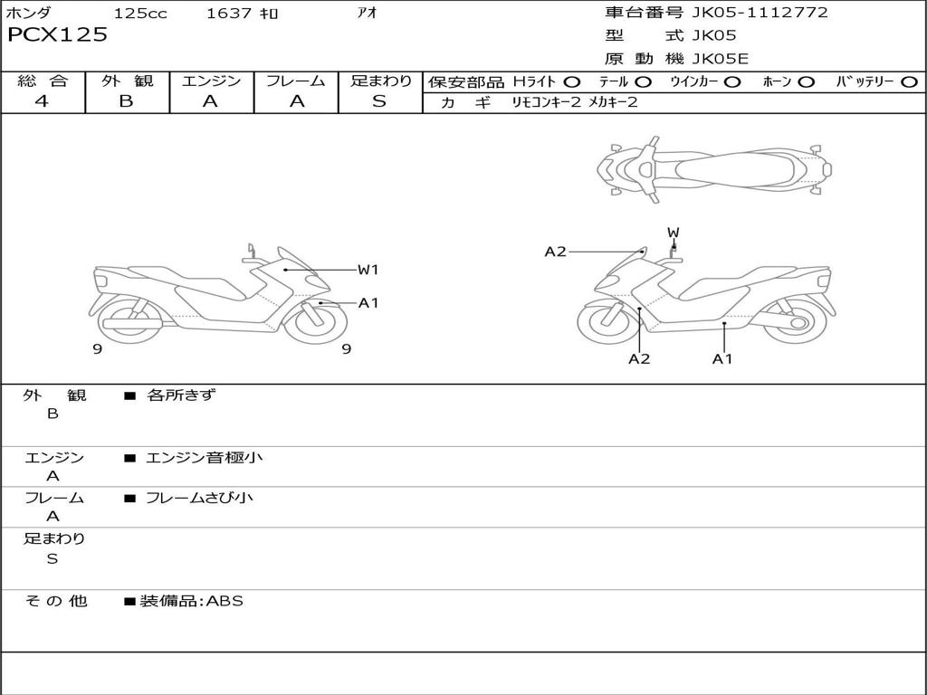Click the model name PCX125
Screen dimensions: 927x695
pos(57,35)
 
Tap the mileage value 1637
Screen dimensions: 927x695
pos(229,14)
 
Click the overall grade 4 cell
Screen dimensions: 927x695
pos(43,101)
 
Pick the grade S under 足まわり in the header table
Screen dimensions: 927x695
pos(379,101)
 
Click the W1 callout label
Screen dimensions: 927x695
pos(368,270)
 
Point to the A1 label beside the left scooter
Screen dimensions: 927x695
pos(368,303)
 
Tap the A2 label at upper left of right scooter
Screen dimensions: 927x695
pos(555,252)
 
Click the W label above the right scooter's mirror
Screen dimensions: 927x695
pos(673,233)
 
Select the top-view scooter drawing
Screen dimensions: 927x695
pos(713,167)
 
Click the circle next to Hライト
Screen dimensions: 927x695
pos(572,81)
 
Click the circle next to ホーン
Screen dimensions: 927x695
pos(806,81)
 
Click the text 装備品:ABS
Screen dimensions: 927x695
pos(191,601)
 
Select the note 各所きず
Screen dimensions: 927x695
pos(181,395)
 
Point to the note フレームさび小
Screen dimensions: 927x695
pos(199,498)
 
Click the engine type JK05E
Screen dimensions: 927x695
pos(721,60)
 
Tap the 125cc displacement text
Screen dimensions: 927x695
pos(140,14)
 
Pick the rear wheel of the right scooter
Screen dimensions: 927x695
pos(797,322)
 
